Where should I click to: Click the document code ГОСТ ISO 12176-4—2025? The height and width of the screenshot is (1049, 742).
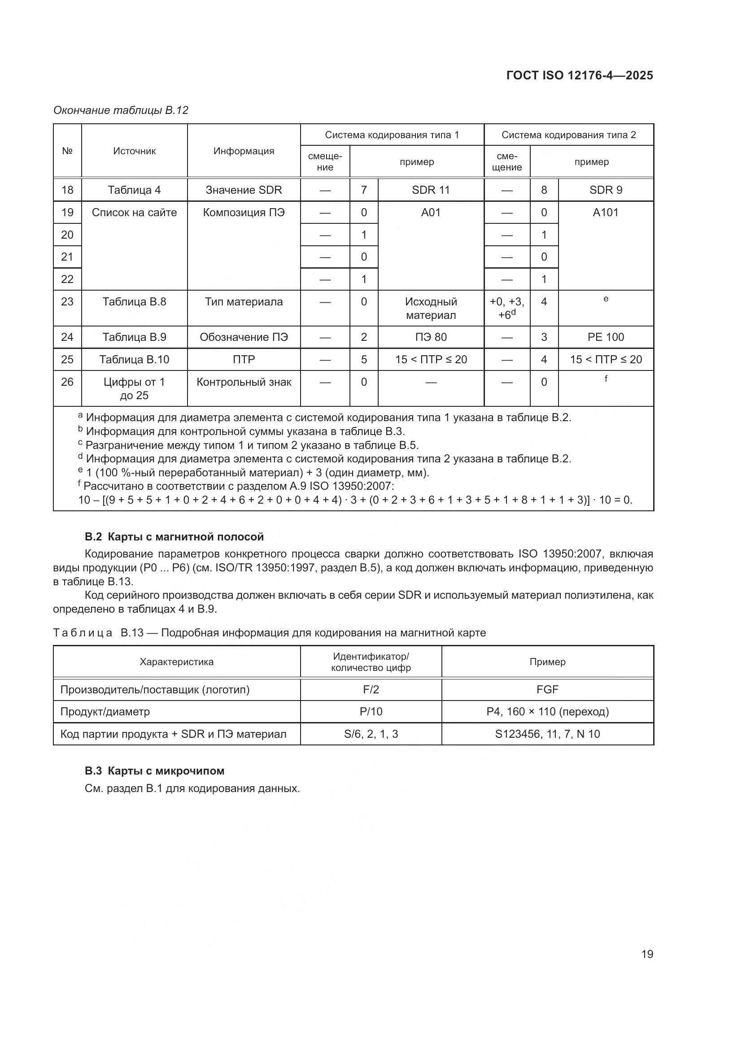tap(579, 75)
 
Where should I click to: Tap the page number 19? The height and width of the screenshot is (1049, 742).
tap(647, 954)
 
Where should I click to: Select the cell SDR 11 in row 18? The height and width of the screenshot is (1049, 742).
tap(430, 190)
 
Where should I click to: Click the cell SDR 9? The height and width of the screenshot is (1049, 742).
tap(605, 190)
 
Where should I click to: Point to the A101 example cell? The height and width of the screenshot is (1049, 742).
tap(605, 213)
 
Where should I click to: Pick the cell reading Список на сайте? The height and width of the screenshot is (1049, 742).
tap(134, 213)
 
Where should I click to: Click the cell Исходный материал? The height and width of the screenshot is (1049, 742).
tap(430, 309)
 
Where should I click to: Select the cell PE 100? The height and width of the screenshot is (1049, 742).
tap(605, 337)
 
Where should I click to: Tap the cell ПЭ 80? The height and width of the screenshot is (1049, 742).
tap(430, 337)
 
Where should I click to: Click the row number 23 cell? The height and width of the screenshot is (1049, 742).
tap(67, 301)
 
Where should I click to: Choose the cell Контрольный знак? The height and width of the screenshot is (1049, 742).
tap(244, 382)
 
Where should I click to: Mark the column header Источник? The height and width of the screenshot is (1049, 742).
tap(134, 151)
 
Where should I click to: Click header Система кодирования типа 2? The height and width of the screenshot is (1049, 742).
tap(568, 135)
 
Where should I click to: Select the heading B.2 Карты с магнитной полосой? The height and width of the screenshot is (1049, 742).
tap(174, 537)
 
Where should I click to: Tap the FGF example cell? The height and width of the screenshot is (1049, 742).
tap(547, 689)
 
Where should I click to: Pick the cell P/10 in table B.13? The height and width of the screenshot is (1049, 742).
tap(371, 711)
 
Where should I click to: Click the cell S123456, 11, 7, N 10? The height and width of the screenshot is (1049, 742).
tap(547, 734)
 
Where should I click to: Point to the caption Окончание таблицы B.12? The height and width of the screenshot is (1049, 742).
tap(121, 110)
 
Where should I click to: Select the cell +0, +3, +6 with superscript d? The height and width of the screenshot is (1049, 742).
tap(506, 309)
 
